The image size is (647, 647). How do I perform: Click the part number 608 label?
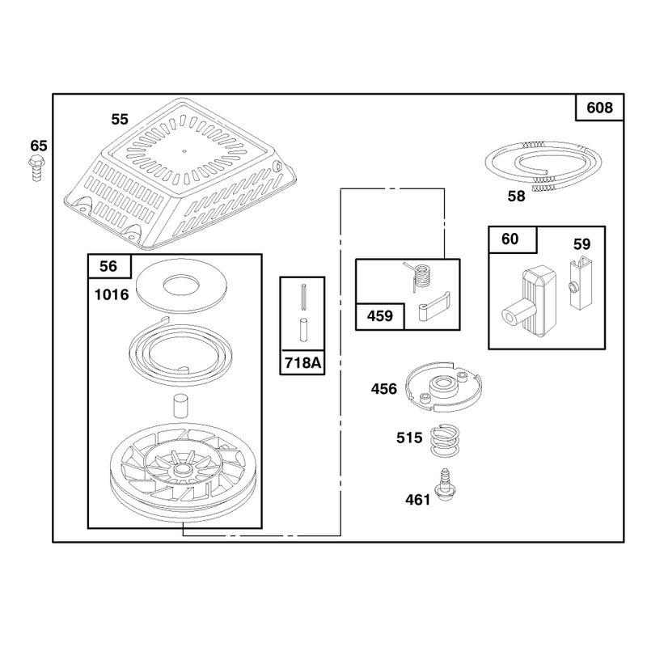pos(599,108)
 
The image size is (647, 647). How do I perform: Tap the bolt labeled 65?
pos(36,168)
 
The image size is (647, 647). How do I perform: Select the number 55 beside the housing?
pos(120,119)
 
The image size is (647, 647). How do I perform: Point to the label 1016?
pos(112,294)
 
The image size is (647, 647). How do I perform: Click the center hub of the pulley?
pos(181,469)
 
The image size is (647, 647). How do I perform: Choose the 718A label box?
pos(302,362)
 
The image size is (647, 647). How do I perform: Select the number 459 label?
pos(380,316)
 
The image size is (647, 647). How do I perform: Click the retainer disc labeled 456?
pos(444,387)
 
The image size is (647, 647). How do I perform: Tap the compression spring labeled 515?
pos(445,441)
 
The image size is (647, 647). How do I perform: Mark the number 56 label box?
pos(109,266)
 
